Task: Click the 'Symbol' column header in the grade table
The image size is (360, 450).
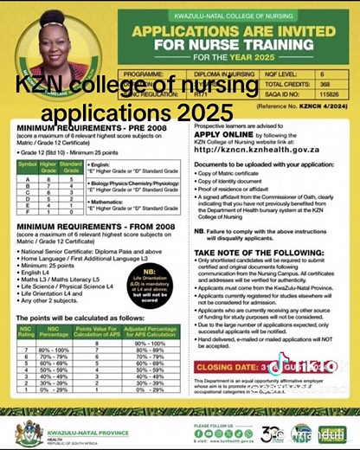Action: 28,164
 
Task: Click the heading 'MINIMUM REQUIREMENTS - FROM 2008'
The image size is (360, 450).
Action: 89,226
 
